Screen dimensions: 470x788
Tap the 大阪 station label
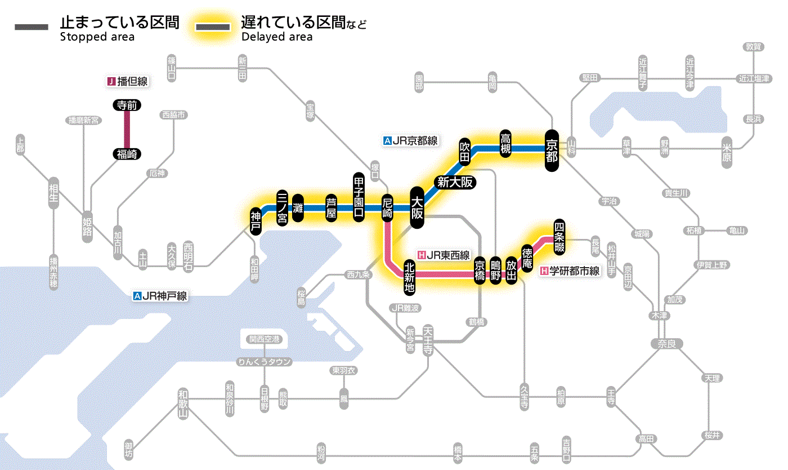click(x=417, y=208)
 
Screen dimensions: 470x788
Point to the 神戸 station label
click(x=256, y=221)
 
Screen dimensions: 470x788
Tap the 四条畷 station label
click(x=559, y=235)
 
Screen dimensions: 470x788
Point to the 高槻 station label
click(x=506, y=145)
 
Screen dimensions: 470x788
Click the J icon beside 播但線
click(x=111, y=82)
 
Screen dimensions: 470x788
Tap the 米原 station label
click(x=727, y=151)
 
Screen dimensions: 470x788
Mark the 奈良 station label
click(x=666, y=343)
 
